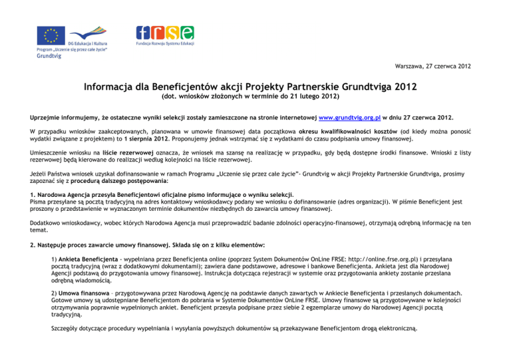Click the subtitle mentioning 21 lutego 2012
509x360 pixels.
(x=255, y=97)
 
